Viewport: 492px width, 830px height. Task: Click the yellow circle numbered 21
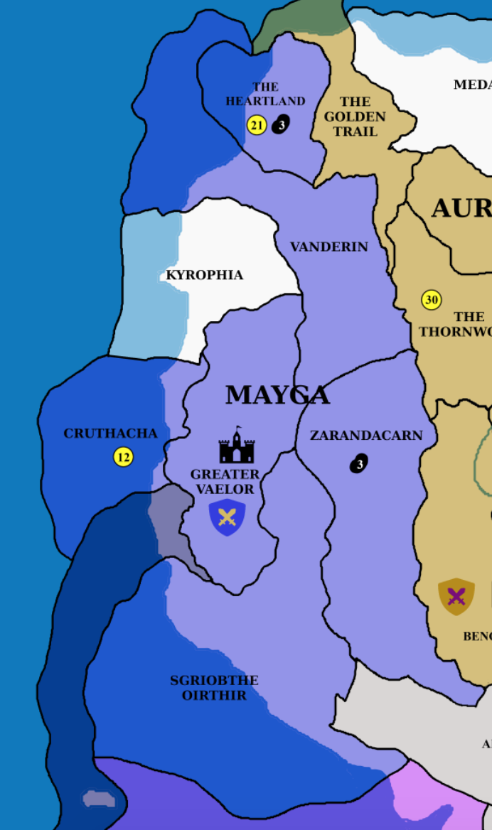(x=256, y=126)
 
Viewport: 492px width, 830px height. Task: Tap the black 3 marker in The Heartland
(x=281, y=125)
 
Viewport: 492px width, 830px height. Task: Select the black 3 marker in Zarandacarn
(x=359, y=464)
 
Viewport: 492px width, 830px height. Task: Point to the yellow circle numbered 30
(x=432, y=300)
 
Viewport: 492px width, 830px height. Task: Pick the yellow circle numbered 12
(x=124, y=457)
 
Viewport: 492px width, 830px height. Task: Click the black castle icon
(x=237, y=446)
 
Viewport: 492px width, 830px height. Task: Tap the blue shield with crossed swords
(x=227, y=517)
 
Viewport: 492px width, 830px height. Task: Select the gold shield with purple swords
(x=456, y=596)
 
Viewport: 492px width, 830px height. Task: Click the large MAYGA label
(x=277, y=395)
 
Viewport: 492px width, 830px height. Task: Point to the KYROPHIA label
(x=205, y=275)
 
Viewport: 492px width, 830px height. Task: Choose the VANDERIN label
(x=328, y=247)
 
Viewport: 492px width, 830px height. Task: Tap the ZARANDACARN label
(x=366, y=436)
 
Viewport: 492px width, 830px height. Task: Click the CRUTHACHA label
(x=110, y=433)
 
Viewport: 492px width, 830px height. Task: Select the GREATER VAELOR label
(x=225, y=482)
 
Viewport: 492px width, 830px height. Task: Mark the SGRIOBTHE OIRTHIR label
(x=214, y=688)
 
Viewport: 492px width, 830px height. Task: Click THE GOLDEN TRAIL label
(x=354, y=117)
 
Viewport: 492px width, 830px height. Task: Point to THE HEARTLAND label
(x=265, y=94)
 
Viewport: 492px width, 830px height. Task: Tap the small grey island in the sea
(x=99, y=799)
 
